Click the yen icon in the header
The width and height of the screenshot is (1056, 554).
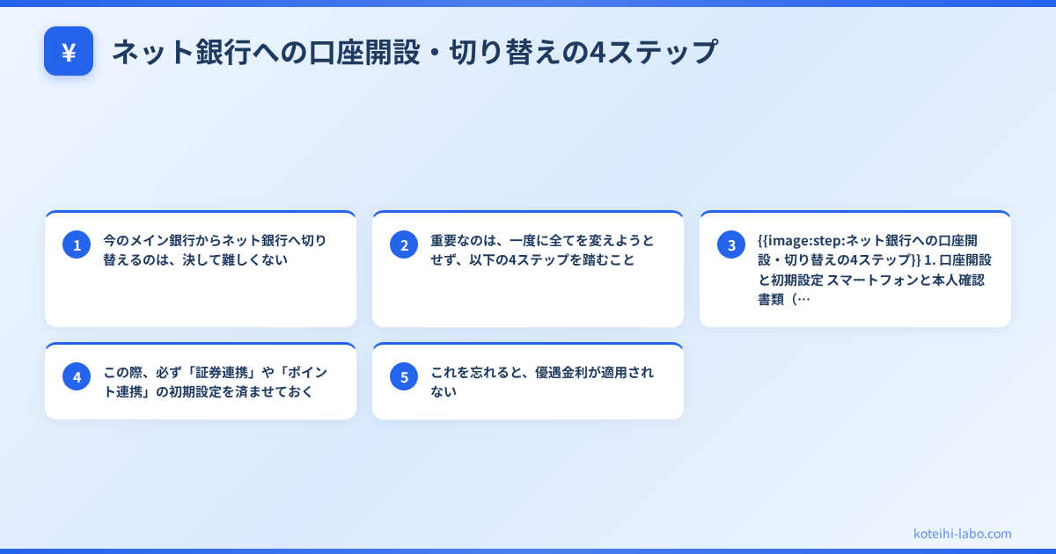(x=69, y=52)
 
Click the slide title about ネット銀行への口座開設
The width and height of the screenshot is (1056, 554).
(x=414, y=52)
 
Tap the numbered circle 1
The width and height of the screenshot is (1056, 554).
(x=77, y=244)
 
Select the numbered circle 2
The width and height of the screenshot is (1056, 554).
(x=404, y=244)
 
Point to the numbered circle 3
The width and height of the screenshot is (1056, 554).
(x=731, y=244)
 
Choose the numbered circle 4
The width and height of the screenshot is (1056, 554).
(x=77, y=376)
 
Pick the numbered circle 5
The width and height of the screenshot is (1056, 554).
(x=404, y=376)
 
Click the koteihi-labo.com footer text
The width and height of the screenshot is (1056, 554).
(x=963, y=534)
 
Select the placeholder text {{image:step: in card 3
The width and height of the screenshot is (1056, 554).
(x=800, y=240)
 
